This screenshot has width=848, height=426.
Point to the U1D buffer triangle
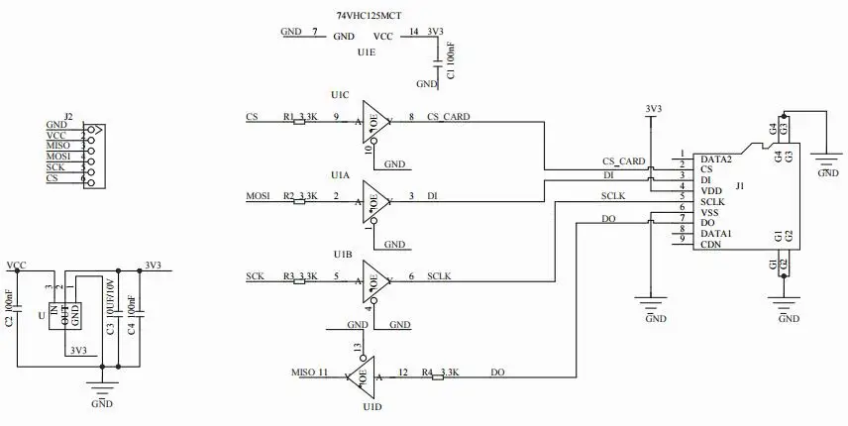pyautogui.click(x=362, y=375)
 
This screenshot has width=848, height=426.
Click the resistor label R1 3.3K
pyautogui.click(x=300, y=117)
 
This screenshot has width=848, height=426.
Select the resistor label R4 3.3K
pyautogui.click(x=439, y=373)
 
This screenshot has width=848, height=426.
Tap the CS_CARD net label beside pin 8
pyautogui.click(x=448, y=117)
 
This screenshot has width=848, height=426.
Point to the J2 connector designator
pyautogui.click(x=67, y=116)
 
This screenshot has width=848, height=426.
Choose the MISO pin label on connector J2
pyautogui.click(x=58, y=146)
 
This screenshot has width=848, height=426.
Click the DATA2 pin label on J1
pyautogui.click(x=715, y=159)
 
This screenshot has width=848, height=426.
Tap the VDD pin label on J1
pyautogui.click(x=710, y=189)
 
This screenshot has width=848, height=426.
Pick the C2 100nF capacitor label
pyautogui.click(x=9, y=308)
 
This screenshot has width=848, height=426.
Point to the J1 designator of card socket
pyautogui.click(x=741, y=185)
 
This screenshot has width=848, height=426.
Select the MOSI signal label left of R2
pyautogui.click(x=259, y=196)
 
